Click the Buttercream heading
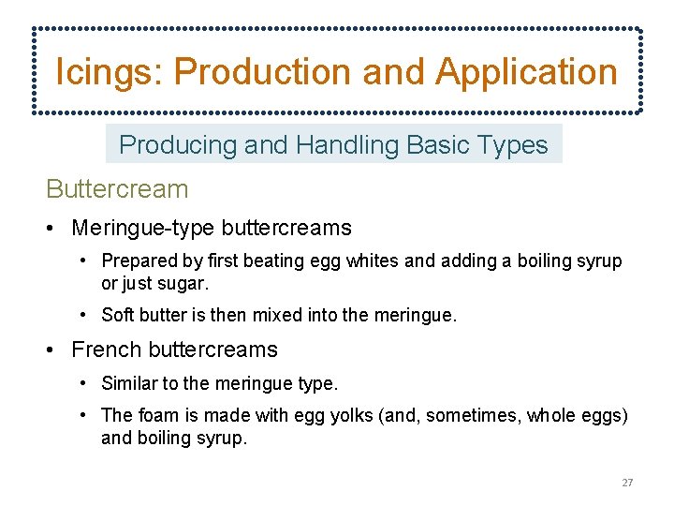tap(117, 189)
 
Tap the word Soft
tap(118, 316)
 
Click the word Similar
tap(130, 383)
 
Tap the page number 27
tap(627, 483)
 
